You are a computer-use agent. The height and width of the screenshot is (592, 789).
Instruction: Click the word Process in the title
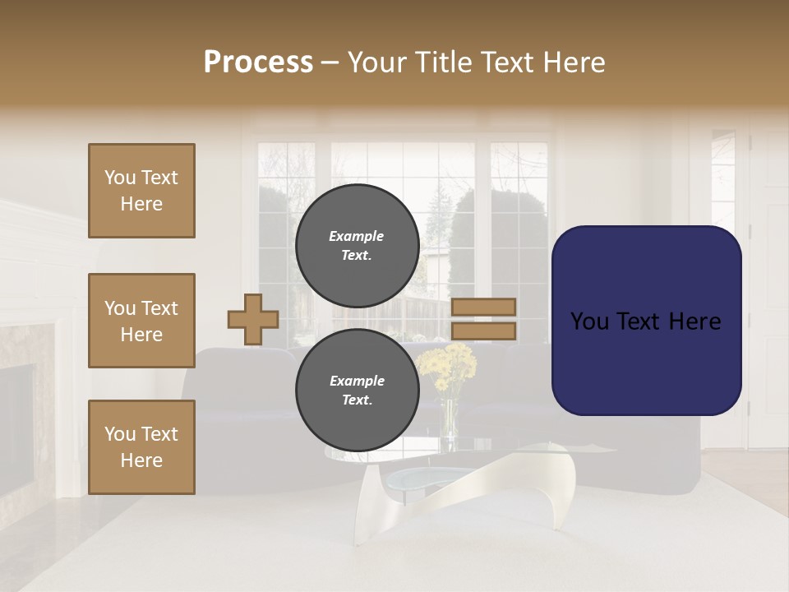point(258,62)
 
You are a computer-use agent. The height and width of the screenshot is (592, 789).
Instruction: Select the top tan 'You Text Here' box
point(141,191)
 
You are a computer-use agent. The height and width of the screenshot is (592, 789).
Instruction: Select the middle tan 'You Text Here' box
point(141,321)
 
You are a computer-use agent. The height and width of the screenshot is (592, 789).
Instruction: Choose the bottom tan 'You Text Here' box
point(141,447)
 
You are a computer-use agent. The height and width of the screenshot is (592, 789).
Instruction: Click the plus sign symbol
point(252,319)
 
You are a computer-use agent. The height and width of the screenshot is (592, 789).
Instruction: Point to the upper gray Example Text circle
point(357,246)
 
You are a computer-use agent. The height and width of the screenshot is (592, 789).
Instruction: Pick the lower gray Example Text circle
point(357,391)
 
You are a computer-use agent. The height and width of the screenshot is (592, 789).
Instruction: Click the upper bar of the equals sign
point(483,307)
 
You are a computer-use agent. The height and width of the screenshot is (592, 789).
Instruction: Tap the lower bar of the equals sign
point(483,331)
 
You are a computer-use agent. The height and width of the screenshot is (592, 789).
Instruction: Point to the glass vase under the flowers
point(450,419)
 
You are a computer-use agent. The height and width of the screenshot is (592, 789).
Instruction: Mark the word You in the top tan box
point(120,178)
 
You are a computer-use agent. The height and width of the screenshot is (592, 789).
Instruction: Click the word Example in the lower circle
point(357,381)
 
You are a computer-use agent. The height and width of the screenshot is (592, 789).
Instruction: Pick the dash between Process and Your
point(330,62)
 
